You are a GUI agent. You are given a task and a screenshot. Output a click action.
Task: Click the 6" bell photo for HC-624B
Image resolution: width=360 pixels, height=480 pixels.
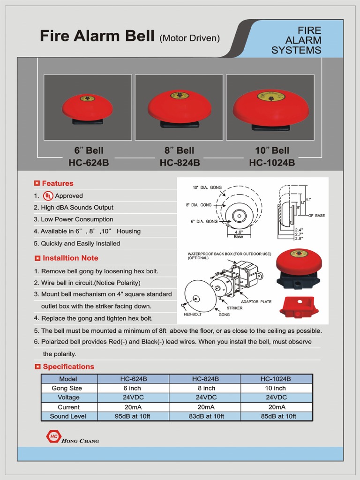coord(88,107)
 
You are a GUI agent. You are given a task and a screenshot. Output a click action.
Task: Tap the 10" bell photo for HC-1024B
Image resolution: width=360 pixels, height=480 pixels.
coord(270,108)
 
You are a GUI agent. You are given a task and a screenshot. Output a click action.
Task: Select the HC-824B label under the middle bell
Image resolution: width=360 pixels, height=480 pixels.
coord(180,163)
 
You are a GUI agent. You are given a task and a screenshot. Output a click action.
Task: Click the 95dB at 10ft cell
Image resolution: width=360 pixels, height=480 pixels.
coord(132,416)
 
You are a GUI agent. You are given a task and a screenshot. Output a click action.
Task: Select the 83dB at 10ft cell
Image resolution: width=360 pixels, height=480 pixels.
coord(204,416)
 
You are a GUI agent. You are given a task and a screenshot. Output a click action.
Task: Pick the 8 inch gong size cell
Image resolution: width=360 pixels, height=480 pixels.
coord(204,388)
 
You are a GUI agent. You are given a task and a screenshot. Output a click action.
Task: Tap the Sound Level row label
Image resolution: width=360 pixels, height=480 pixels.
coord(68,416)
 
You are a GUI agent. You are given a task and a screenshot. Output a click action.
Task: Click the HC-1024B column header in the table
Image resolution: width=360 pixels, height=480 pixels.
coord(276,379)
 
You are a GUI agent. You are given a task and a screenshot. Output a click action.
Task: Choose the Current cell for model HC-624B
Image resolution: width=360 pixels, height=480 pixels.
coord(132,407)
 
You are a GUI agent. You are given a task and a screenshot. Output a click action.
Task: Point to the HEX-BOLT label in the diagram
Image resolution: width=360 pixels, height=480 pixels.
coord(192,315)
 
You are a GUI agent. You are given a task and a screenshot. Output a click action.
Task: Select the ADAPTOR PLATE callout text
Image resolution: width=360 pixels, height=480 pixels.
coord(256,301)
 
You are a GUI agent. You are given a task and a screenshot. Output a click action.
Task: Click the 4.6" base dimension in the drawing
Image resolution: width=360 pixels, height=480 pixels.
coord(239,231)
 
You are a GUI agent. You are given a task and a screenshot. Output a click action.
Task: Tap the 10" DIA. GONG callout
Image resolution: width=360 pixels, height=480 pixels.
coord(207,187)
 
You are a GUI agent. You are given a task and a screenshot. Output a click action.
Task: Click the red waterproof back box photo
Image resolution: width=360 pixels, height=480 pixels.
coord(299,307)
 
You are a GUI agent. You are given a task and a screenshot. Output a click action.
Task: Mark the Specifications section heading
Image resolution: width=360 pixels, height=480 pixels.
coord(68,367)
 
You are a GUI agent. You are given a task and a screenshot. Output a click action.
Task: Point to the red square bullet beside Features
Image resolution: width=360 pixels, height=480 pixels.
coord(37,183)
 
